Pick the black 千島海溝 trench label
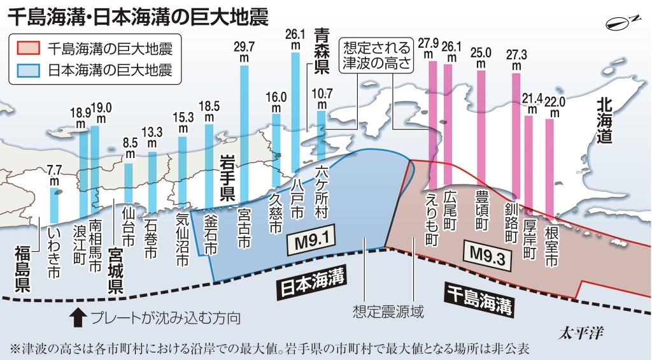[477, 299]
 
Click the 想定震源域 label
[388, 313]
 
